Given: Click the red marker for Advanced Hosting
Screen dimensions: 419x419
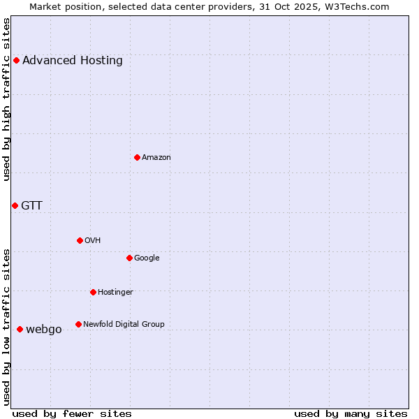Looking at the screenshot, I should pos(16,60).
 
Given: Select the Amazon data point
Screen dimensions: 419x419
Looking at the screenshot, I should pos(137,157).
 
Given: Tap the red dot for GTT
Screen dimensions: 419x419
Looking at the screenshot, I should pos(15,205).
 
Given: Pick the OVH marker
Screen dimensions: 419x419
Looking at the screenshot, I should pos(80,240).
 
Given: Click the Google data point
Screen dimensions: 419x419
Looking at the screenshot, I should pos(129,258).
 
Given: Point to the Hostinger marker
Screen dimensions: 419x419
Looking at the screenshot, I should pos(93,292).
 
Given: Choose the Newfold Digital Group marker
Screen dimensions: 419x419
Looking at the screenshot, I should pos(78,324).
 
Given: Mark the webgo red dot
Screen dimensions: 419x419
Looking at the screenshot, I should pos(20,329).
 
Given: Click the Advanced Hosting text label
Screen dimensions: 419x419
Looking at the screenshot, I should pos(73,60).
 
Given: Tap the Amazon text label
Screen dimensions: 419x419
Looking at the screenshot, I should pos(156,158).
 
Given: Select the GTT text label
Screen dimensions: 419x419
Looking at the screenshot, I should pos(31,205).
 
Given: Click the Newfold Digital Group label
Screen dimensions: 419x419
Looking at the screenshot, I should pos(124,324).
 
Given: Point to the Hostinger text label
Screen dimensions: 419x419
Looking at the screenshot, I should pos(115,292).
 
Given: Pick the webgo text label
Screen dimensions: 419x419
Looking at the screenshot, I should pos(44,330).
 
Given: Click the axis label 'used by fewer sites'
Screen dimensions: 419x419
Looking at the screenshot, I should pos(72,413).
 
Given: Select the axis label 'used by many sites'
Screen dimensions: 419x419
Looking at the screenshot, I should pos(351,413).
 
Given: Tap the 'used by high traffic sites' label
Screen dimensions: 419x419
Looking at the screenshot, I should pos(6,99).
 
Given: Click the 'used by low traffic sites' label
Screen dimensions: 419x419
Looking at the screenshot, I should pos(6,327).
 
